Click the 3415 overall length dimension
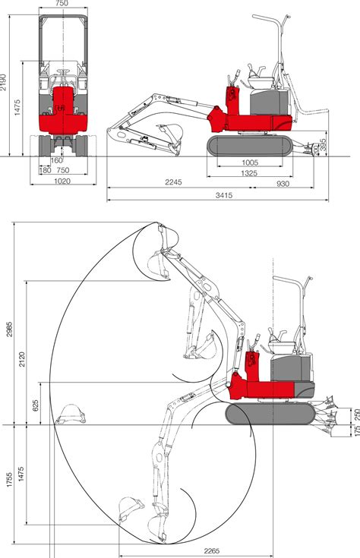pyautogui.click(x=223, y=196)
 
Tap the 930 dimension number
pyautogui.click(x=283, y=182)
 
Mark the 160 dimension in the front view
pyautogui.click(x=57, y=160)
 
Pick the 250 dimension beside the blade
pyautogui.click(x=355, y=414)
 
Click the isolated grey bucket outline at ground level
pyautogui.click(x=71, y=414)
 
